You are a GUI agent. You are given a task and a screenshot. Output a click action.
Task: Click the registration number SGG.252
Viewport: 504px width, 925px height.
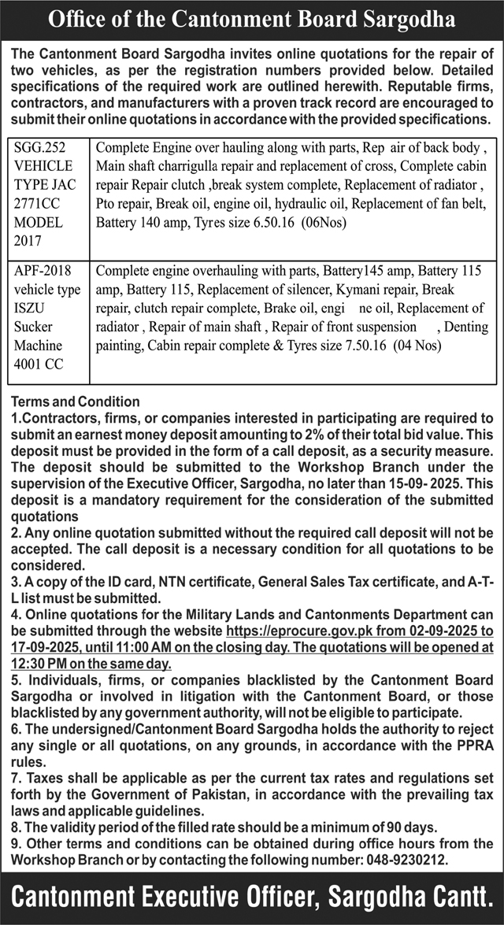pos(39,146)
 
